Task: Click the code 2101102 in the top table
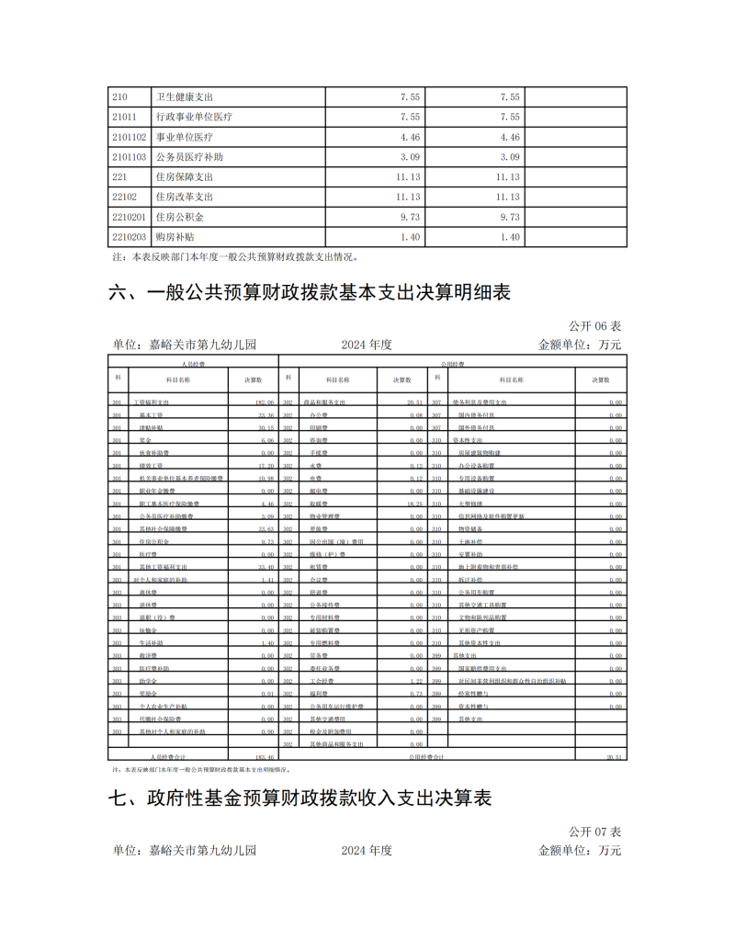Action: (129, 137)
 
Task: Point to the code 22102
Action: (124, 197)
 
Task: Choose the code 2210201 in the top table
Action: (129, 217)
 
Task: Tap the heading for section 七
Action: (300, 798)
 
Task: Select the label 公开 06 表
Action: (594, 326)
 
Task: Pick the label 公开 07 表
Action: (594, 832)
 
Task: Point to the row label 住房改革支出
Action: (185, 197)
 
